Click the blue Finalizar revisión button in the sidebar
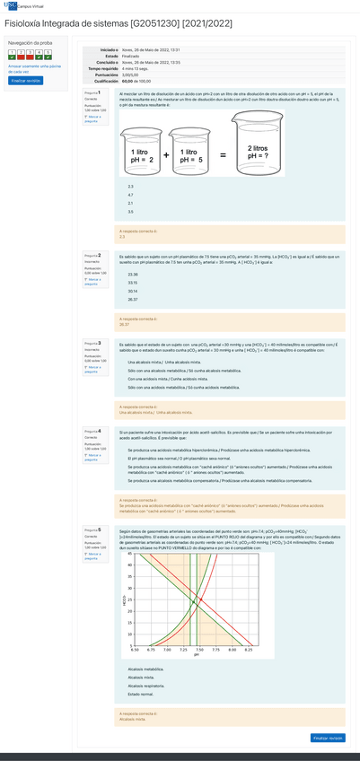click(x=25, y=80)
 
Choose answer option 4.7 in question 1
click(x=131, y=195)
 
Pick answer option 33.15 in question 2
click(x=133, y=283)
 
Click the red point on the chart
click(x=201, y=599)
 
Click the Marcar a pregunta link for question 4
click(x=93, y=456)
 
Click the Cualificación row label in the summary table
click(x=106, y=80)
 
